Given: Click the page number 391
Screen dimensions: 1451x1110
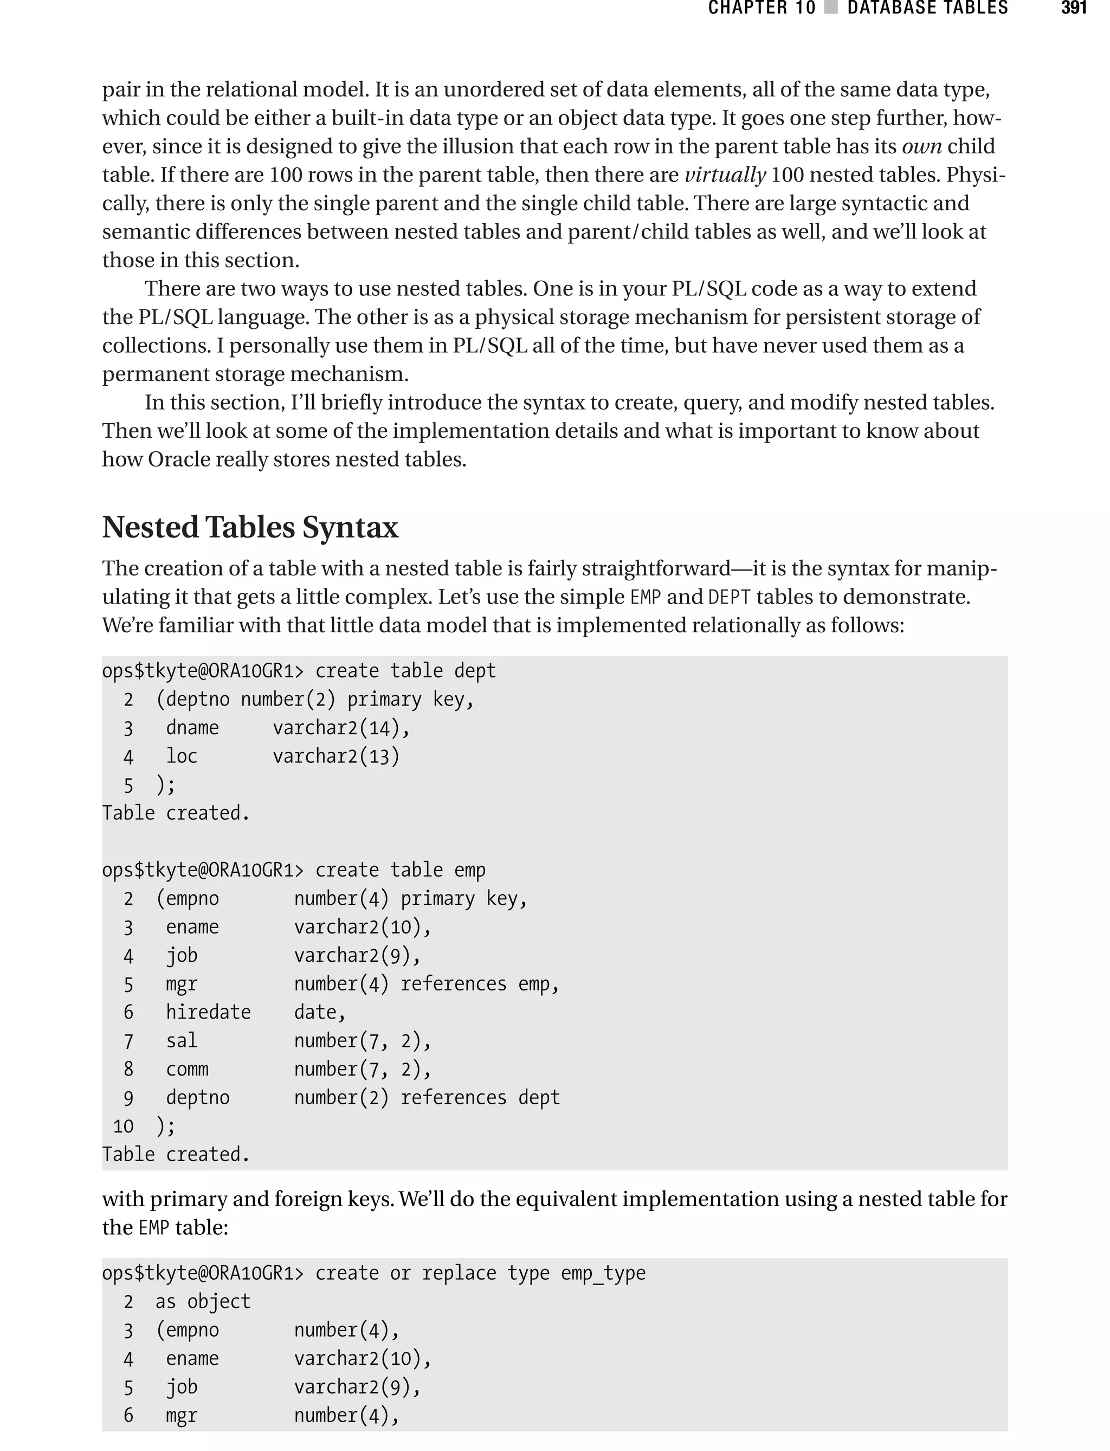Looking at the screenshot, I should pos(1074,8).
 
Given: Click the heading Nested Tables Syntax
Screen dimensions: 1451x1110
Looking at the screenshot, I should pos(250,527).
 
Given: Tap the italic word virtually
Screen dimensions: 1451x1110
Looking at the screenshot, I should pos(724,175).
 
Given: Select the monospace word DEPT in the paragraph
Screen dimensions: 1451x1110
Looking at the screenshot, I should pos(729,597).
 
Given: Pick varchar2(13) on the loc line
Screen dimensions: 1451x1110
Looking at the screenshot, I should pos(335,756).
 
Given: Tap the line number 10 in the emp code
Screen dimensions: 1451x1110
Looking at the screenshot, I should pos(123,1126).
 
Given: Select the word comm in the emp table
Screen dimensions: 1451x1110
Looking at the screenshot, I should pos(187,1069).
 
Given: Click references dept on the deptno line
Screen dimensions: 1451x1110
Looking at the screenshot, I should pos(480,1098).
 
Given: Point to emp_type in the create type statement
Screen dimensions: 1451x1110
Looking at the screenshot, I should pos(603,1273).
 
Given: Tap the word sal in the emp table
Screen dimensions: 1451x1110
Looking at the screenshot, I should pos(182,1041).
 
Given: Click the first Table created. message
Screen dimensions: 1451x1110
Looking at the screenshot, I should pos(176,813).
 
